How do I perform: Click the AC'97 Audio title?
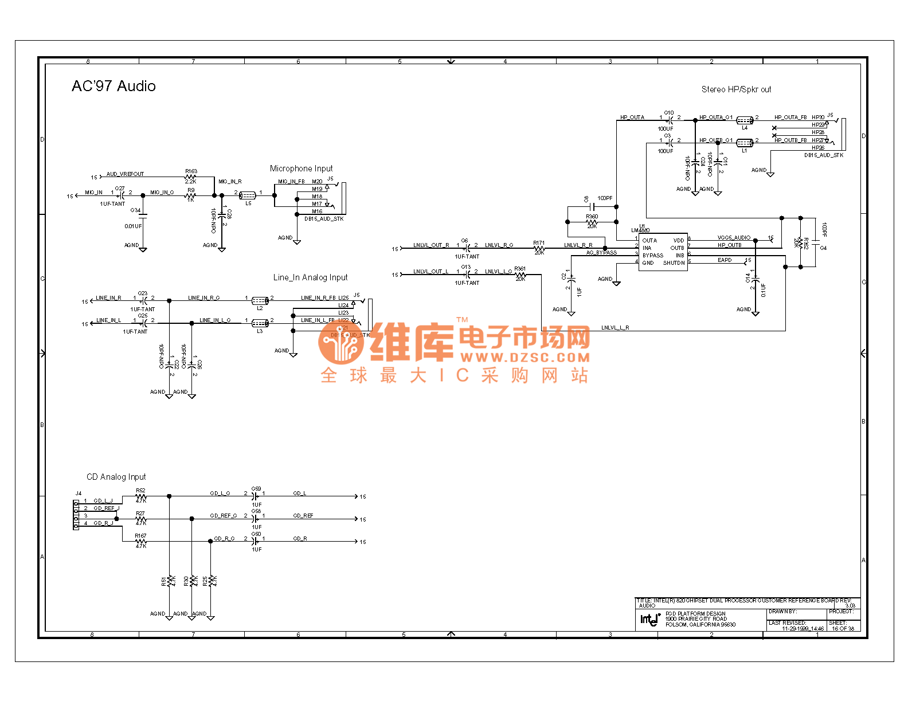pos(113,86)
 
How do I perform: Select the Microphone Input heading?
pos(301,169)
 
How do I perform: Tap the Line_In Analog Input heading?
pos(310,277)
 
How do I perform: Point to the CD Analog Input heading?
pos(116,477)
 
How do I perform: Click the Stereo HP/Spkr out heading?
pos(736,89)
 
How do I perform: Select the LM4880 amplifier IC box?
pos(663,252)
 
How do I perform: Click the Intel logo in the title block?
pos(649,619)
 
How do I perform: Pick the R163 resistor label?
pos(191,171)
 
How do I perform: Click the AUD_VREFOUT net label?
pos(125,174)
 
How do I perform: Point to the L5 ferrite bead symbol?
pos(247,195)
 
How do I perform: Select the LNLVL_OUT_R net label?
pos(431,245)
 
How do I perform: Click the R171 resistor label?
pos(539,243)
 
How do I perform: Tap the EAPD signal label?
pos(725,260)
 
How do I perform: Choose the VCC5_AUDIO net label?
pos(734,238)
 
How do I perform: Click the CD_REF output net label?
pos(303,516)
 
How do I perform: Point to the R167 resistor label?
pos(140,536)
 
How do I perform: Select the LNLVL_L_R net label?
pos(615,328)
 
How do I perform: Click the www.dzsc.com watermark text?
pos(525,358)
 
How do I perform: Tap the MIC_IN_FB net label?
pos(291,182)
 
